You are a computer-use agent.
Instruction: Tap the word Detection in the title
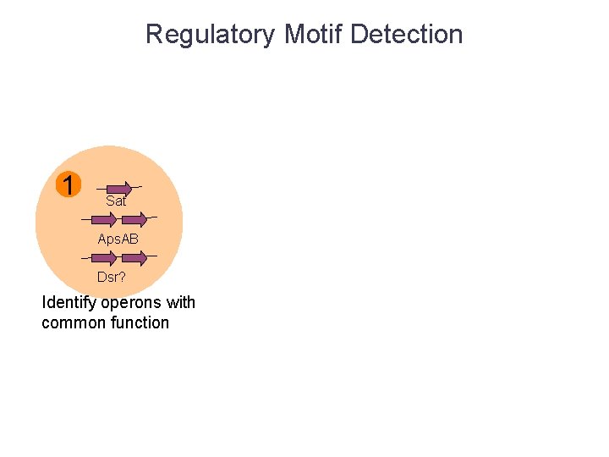point(406,35)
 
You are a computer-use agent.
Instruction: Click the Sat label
point(116,201)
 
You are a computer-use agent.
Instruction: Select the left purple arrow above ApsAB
point(103,220)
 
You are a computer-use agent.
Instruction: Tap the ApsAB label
point(118,240)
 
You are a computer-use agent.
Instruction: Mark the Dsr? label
point(111,277)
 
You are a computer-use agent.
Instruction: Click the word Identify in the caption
point(69,303)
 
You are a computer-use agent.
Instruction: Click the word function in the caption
point(140,322)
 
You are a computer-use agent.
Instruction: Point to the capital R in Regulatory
point(154,35)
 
